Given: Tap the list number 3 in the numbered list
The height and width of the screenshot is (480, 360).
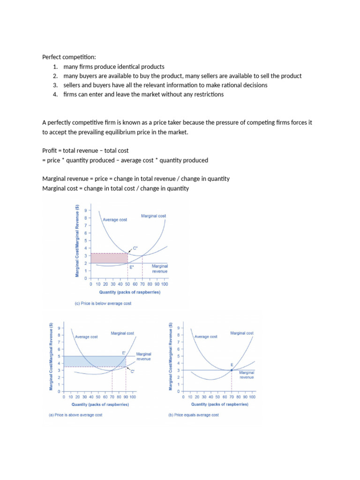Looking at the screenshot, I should [55, 85].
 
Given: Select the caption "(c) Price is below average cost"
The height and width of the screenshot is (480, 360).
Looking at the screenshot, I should [103, 303].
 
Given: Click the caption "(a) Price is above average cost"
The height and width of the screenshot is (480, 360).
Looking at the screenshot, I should [75, 415].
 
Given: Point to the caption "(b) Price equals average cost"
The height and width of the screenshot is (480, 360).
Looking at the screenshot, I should [193, 415].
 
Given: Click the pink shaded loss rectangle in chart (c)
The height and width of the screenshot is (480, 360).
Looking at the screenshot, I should [109, 258].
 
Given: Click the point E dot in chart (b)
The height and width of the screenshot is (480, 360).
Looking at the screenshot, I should [232, 370].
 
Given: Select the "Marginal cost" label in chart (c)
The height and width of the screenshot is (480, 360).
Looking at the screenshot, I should [153, 216].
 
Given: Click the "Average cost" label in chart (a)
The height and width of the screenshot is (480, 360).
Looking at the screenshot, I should [86, 337].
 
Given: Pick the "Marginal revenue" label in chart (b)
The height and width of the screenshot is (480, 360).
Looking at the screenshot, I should [247, 375].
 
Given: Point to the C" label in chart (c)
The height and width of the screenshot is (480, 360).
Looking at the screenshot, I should [135, 247].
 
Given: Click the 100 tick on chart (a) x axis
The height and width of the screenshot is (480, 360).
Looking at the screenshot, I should [133, 397].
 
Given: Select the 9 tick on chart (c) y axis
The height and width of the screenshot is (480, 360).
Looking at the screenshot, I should [85, 210].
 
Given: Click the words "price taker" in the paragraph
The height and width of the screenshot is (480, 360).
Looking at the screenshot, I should [189, 122].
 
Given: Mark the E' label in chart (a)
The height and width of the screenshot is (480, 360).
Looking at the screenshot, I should [124, 352].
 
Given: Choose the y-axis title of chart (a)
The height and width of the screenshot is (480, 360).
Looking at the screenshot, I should [51, 357].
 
